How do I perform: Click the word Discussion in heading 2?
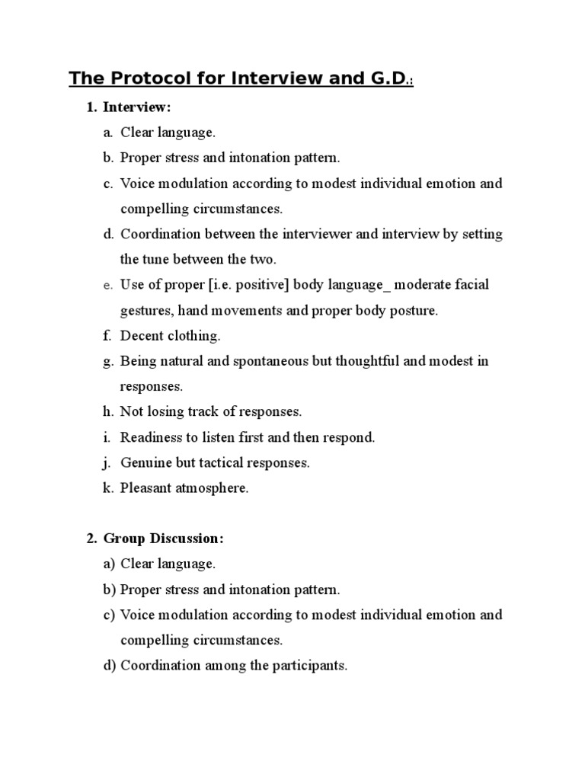(x=187, y=539)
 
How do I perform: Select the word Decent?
(x=139, y=335)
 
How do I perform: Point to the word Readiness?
(x=149, y=437)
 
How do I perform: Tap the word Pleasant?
(x=145, y=488)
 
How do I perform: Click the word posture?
(x=412, y=310)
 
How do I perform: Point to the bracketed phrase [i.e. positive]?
(x=225, y=285)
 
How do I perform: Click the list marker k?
(x=107, y=488)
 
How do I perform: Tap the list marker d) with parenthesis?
(x=110, y=665)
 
